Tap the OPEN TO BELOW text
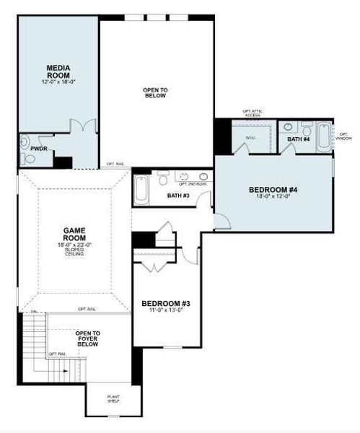click(x=155, y=92)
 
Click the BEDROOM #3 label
click(x=165, y=304)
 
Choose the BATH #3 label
click(x=177, y=195)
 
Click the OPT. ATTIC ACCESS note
click(x=253, y=113)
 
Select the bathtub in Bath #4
click(x=323, y=136)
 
